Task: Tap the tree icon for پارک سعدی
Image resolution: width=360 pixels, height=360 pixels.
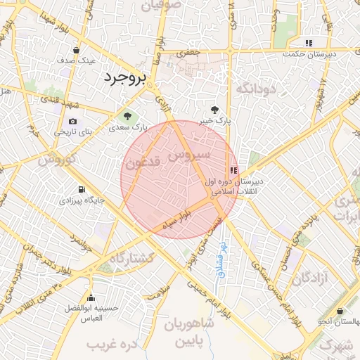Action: pos(127,116)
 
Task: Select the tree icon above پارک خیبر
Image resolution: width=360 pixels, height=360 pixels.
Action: pos(214,110)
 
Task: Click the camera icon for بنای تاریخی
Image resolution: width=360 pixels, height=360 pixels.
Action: pos(72,121)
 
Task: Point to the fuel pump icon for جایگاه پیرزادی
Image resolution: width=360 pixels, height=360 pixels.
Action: pos(82,189)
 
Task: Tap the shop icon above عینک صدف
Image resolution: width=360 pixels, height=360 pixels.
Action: pos(76,50)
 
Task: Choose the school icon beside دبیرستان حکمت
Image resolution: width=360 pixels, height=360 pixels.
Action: pos(309,43)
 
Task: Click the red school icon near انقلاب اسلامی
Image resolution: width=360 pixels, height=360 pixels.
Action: pos(233,169)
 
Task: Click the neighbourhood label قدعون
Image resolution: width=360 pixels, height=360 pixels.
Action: pos(144,162)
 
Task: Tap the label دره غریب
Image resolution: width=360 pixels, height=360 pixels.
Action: pos(110,345)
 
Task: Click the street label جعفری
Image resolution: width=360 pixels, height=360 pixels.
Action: pos(189,51)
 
